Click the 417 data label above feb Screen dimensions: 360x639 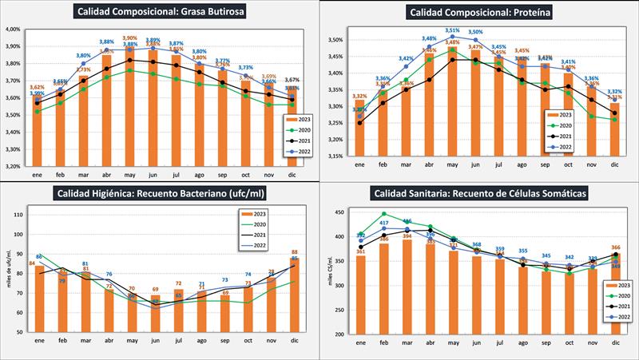tap(384, 223)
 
